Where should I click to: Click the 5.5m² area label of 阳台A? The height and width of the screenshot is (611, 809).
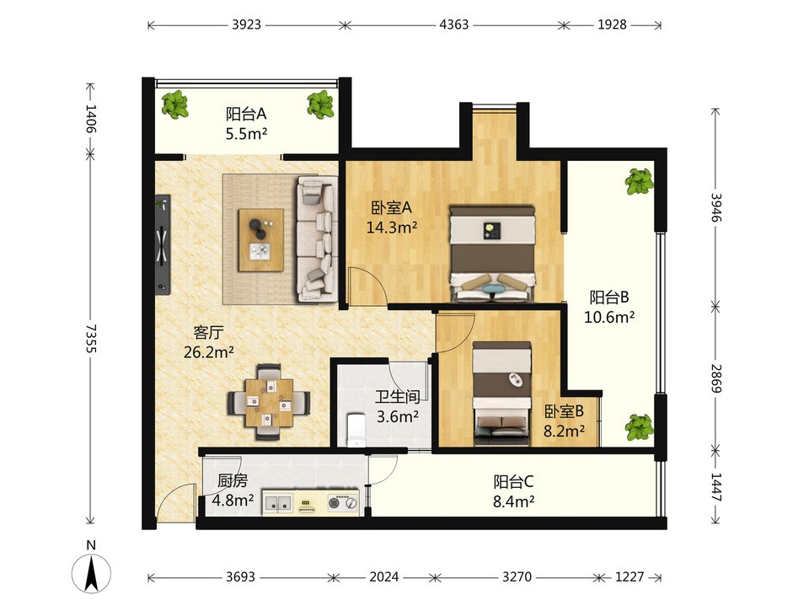(x=246, y=134)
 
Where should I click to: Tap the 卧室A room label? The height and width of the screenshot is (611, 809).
(x=392, y=207)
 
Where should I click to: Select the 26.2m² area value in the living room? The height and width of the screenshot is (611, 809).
(x=209, y=352)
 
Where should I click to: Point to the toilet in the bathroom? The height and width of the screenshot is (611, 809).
(x=356, y=429)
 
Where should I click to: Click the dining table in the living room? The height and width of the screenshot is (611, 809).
(x=269, y=403)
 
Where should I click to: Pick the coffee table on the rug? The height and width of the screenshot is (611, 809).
(x=261, y=240)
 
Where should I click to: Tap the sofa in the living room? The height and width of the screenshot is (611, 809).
(x=316, y=239)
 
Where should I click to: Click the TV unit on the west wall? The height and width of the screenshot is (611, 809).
(x=163, y=244)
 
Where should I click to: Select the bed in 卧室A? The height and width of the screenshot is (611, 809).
(x=492, y=254)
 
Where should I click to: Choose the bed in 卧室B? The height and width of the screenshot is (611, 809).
(x=502, y=394)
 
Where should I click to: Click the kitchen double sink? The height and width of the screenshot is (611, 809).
(x=277, y=502)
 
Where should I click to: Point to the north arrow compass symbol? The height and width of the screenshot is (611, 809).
(x=91, y=573)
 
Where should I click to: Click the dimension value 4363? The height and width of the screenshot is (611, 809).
(x=454, y=24)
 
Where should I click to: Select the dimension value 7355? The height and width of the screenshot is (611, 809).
(x=91, y=339)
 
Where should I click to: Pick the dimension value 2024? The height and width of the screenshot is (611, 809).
(x=384, y=576)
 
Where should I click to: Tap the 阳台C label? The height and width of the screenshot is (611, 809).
(x=513, y=481)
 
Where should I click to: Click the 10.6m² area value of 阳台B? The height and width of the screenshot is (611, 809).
(x=609, y=317)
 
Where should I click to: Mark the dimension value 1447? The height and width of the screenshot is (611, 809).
(x=715, y=487)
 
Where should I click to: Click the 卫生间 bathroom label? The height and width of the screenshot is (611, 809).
(x=397, y=396)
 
